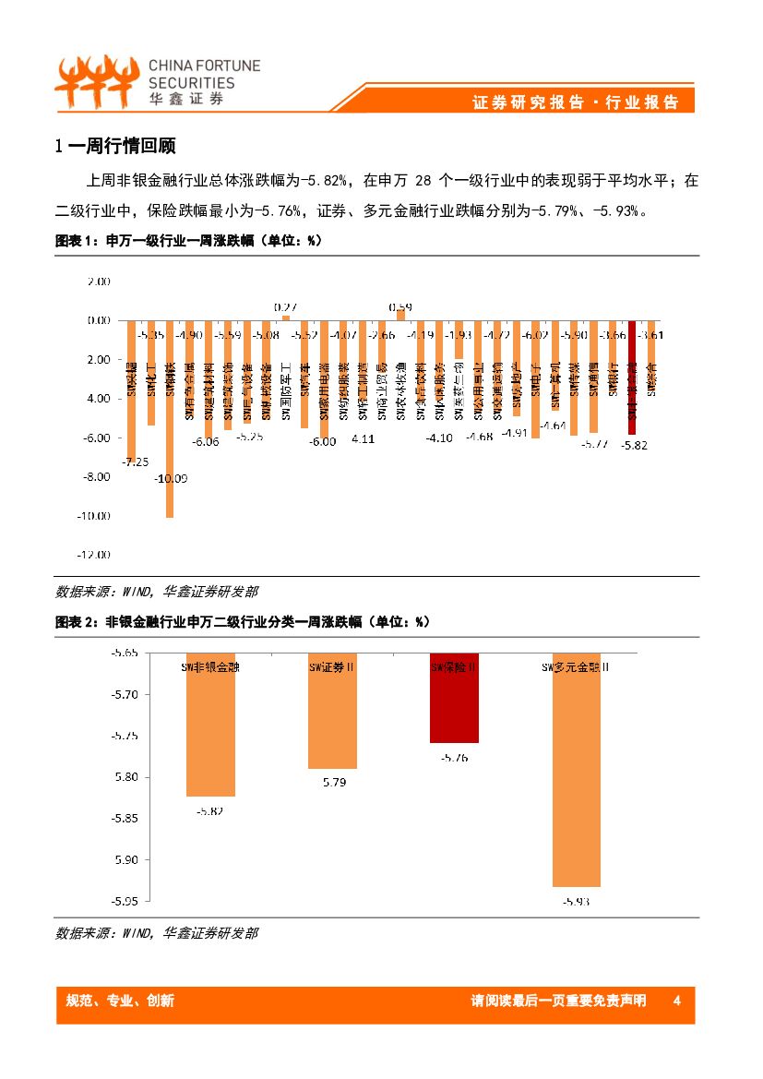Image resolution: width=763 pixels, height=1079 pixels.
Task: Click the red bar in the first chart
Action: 632,377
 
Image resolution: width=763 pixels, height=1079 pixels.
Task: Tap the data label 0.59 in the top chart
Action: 399,306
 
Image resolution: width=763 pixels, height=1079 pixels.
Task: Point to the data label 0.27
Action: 285,306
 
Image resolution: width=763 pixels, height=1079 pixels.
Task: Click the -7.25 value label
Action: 137,462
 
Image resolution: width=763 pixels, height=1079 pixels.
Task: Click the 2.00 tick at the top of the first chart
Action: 99,282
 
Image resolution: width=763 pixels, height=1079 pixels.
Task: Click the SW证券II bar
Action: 331,711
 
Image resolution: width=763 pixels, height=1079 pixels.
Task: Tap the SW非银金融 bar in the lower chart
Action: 210,725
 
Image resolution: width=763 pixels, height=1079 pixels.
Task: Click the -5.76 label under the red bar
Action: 454,757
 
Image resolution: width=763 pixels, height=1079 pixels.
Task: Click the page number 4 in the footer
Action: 677,1001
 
